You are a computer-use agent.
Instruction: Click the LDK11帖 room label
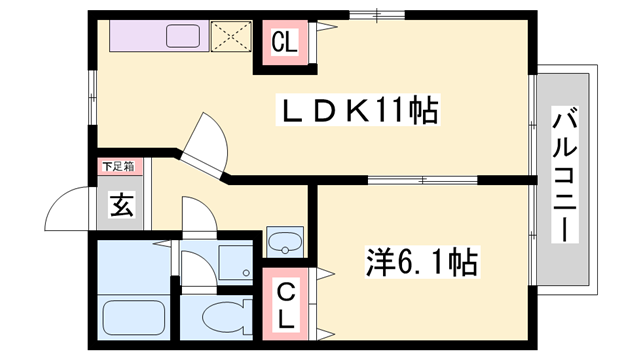[358, 109]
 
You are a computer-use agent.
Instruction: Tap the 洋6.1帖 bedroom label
[422, 262]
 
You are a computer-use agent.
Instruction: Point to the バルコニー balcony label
[565, 174]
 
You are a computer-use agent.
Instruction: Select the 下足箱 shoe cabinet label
[118, 167]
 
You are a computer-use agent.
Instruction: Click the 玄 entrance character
[122, 204]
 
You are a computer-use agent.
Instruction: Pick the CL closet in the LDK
[284, 42]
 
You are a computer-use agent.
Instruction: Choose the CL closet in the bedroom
[285, 304]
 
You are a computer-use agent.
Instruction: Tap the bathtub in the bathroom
[133, 318]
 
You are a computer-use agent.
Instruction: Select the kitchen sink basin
[183, 36]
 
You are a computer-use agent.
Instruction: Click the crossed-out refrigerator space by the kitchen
[231, 36]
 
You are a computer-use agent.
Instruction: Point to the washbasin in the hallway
[285, 242]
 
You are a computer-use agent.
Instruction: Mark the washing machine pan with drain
[235, 262]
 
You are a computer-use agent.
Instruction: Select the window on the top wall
[377, 16]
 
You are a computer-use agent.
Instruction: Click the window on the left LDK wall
[93, 98]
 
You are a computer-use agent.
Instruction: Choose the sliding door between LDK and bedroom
[423, 180]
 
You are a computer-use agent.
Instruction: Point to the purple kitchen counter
[159, 36]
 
